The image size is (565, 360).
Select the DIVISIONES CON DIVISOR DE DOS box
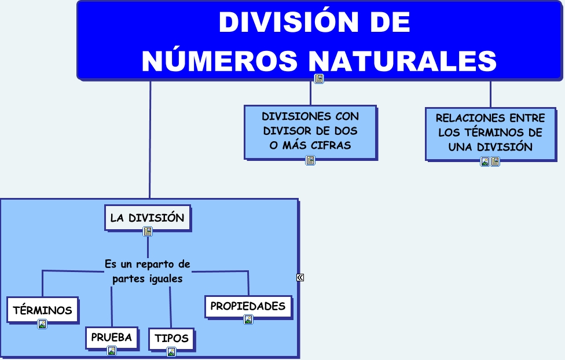310,131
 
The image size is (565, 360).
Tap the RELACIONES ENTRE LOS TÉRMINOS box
490,133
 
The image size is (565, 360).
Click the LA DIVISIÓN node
148,218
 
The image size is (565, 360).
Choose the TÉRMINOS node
43,310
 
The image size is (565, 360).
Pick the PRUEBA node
112,337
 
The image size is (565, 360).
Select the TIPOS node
171,339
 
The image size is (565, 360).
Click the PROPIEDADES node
248,306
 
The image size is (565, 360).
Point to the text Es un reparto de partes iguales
148,271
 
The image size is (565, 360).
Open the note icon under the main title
319,79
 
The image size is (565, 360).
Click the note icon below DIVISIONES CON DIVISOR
310,160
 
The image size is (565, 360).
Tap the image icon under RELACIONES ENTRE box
485,161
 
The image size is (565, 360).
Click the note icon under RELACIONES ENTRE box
495,161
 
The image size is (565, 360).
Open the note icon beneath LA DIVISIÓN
148,232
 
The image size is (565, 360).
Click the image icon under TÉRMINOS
42,324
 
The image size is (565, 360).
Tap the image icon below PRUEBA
112,350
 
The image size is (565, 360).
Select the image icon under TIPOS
171,352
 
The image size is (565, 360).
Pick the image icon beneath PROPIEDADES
248,319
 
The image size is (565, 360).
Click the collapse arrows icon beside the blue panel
300,277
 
